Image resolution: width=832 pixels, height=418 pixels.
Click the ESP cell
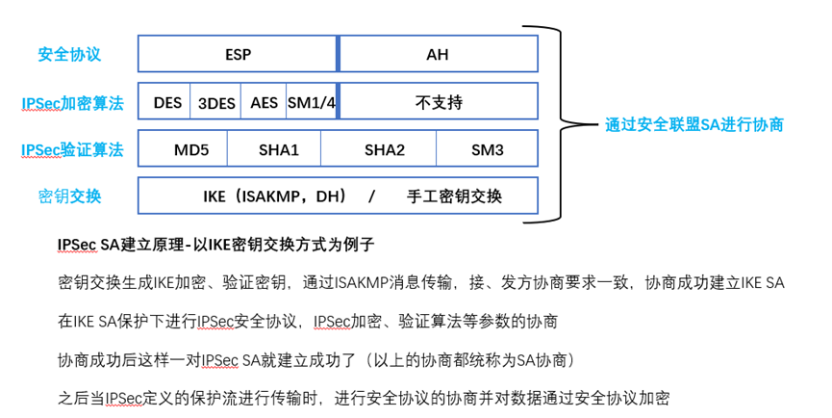[x=238, y=54]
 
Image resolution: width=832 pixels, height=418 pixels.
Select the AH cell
[x=438, y=54]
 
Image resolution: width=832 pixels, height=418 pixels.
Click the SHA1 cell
[x=279, y=149]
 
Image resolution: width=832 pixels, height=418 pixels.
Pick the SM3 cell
[x=487, y=149]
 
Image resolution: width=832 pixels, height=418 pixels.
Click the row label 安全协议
[x=69, y=54]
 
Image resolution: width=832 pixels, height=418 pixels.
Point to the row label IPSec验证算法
[x=72, y=149]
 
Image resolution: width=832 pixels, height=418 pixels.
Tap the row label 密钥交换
[x=69, y=196]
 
